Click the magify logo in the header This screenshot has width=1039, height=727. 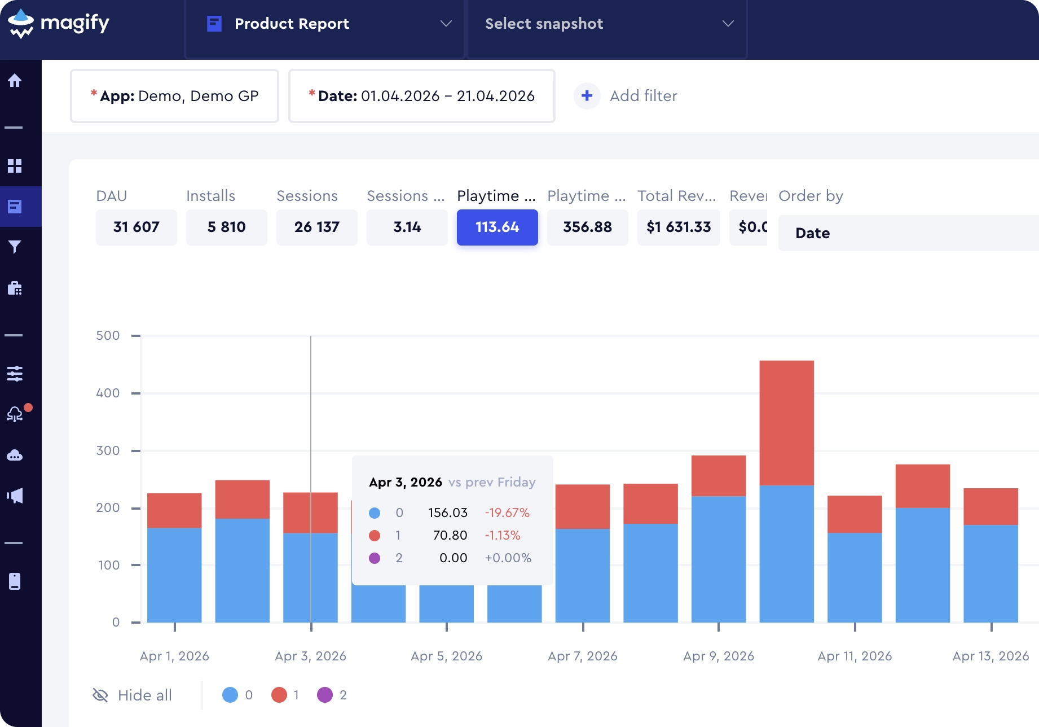pos(58,24)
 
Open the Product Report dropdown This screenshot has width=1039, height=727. pos(325,24)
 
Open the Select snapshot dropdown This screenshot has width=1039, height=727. pos(607,24)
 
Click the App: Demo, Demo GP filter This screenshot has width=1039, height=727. pos(174,96)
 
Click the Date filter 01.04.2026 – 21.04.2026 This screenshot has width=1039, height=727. pos(421,96)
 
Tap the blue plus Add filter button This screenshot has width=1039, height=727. pos(587,96)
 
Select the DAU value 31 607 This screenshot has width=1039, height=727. pos(137,227)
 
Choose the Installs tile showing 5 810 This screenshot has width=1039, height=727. pos(227,227)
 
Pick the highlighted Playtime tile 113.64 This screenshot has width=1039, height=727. pos(498,227)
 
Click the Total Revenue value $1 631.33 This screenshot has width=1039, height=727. pos(679,227)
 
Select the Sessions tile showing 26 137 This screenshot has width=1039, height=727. pos(317,227)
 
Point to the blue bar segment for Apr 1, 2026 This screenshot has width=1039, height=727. pos(174,575)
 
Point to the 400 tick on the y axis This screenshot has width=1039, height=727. pos(136,393)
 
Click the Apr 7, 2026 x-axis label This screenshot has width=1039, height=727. pos(583,656)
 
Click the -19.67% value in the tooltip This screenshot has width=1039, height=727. pos(507,513)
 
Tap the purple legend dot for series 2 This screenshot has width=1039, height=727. pos(325,695)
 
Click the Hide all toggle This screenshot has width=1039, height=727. pos(132,695)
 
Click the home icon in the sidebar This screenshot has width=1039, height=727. pos(15,81)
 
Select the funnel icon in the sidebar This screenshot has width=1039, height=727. pos(15,247)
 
